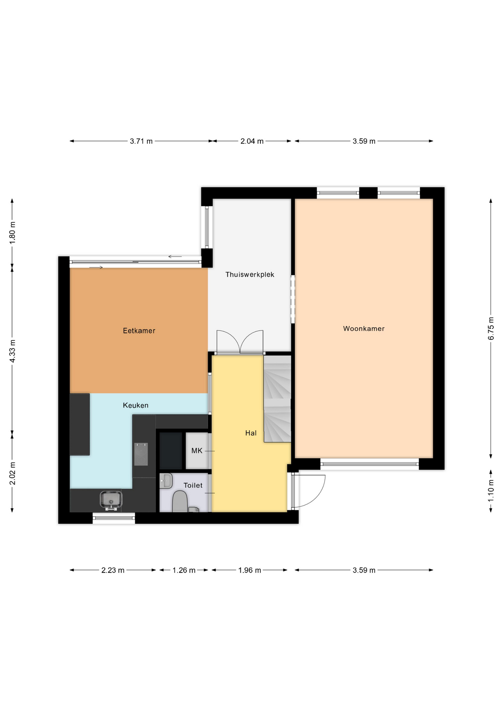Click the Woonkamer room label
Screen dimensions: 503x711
(x=364, y=328)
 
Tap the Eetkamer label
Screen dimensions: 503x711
(x=139, y=331)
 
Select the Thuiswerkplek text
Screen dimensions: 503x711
(x=250, y=274)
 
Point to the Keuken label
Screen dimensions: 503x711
(x=136, y=405)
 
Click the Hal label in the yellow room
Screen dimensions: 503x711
(x=251, y=433)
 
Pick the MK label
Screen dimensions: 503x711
(x=197, y=451)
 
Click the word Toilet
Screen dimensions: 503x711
(x=193, y=485)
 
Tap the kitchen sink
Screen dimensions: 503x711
(x=111, y=500)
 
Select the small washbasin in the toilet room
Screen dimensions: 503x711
(x=166, y=481)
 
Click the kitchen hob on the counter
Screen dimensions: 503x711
(x=141, y=454)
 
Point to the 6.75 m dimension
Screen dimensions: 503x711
(x=491, y=328)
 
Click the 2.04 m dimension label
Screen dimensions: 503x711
(x=252, y=141)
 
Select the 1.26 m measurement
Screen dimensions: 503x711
(x=184, y=570)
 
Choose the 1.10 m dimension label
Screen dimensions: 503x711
(x=491, y=491)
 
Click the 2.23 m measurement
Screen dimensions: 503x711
(x=113, y=570)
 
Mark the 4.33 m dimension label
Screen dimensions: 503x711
(x=12, y=351)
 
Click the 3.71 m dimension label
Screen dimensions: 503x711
(x=141, y=141)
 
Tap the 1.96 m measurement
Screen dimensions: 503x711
(x=250, y=570)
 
